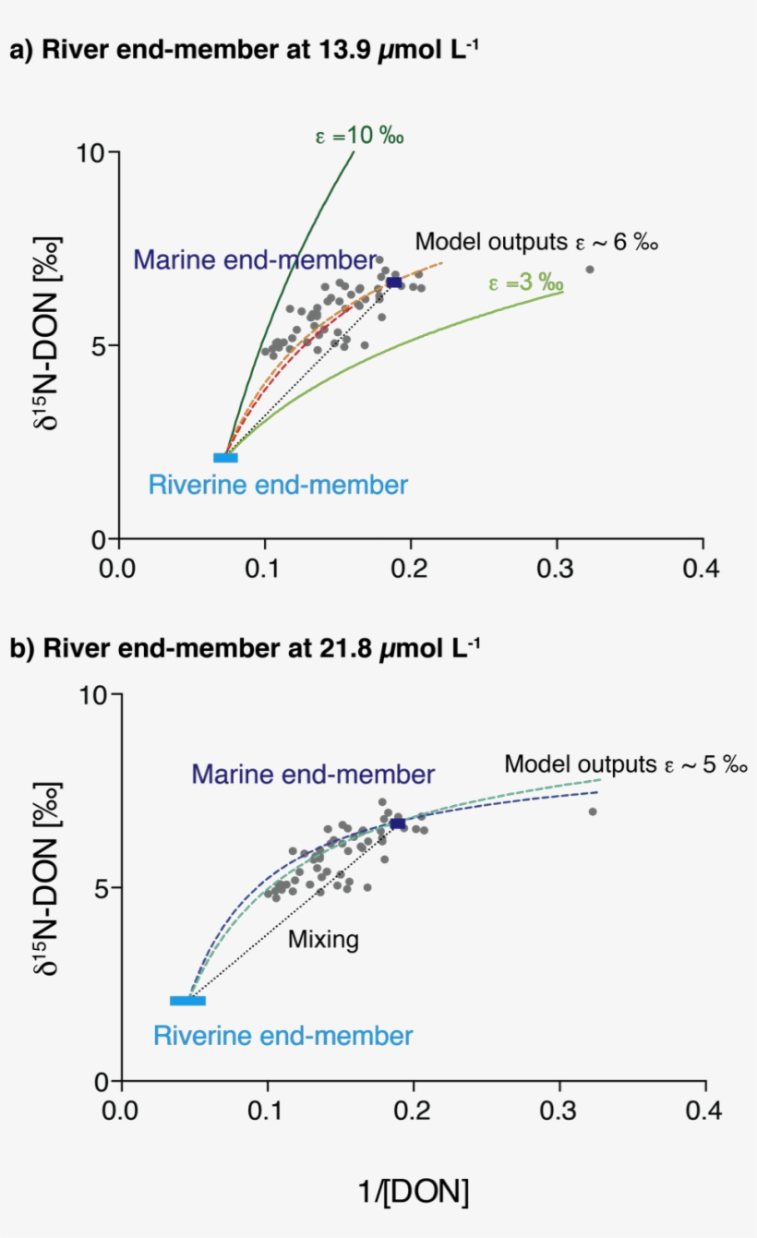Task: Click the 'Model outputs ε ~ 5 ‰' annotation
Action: coord(625,764)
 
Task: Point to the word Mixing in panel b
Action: coord(322,940)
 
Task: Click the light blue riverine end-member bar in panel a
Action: coord(225,458)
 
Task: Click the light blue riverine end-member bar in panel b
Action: coord(187,1001)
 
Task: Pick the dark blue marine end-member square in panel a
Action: coord(393,282)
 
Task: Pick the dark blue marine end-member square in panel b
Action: coord(397,823)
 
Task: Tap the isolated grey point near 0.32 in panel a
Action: coord(590,270)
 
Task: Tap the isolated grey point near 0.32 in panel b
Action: coord(593,811)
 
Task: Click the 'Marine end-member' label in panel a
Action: coord(255,259)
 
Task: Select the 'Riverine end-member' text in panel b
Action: coord(282,1036)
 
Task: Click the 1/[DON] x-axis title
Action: coord(413,1193)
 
